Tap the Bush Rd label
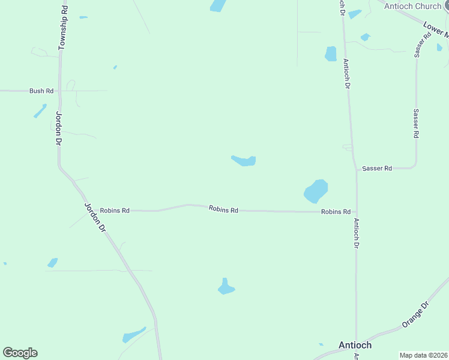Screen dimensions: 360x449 41,91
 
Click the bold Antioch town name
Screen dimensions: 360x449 355,345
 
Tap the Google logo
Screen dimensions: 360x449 20,353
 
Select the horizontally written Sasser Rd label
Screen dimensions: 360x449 377,169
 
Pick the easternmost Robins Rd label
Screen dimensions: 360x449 336,212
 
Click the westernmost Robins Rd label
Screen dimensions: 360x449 115,211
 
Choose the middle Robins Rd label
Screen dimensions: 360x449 223,209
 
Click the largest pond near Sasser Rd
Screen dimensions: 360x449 316,191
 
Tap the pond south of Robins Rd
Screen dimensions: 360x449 226,287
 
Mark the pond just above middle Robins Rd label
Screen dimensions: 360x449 244,160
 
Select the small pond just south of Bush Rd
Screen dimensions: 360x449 40,111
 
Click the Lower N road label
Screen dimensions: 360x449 435,29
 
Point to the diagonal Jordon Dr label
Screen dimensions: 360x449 95,217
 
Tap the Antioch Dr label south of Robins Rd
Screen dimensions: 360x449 356,233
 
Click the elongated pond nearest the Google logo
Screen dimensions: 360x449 133,334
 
